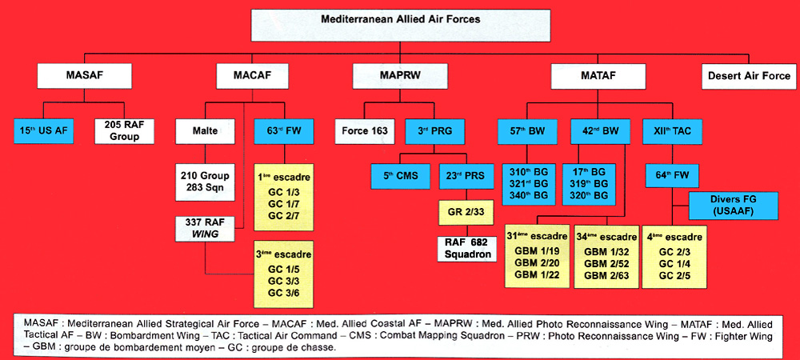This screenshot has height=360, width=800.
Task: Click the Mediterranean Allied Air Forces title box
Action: coord(402,24)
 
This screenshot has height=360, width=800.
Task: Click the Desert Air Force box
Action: coord(749,77)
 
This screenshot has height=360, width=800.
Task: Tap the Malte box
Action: coord(204,130)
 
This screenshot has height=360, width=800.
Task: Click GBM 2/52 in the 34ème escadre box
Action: coord(606,263)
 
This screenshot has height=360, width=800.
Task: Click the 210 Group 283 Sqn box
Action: coord(204,181)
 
